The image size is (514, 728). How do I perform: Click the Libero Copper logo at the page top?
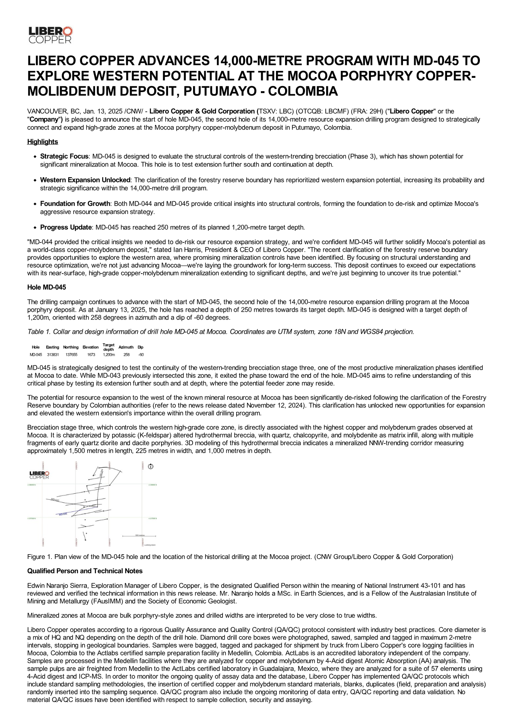[50, 35]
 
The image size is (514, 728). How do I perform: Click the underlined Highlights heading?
[42, 142]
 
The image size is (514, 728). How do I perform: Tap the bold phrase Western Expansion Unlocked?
[85, 180]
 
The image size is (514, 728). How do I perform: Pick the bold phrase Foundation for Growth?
[75, 204]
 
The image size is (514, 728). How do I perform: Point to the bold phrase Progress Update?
[66, 227]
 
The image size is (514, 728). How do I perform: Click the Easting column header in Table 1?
[53, 347]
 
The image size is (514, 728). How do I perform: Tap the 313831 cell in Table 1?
[53, 354]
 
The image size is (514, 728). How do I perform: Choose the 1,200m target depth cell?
[108, 354]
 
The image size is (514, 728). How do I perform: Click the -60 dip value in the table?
[141, 354]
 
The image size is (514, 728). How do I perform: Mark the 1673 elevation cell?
[91, 354]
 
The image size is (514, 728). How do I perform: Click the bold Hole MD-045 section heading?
[47, 287]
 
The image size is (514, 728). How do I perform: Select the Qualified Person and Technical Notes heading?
[85, 571]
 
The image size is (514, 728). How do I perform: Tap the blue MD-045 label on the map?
[63, 514]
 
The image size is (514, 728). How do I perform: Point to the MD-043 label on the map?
[55, 500]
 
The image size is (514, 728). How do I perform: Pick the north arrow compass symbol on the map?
[150, 466]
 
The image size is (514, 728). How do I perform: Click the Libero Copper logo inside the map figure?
[39, 475]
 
